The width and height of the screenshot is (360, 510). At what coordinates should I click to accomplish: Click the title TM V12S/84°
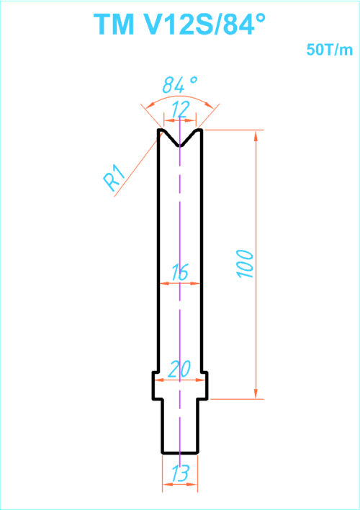tap(179, 24)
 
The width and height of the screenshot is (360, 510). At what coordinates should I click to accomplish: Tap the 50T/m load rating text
tap(330, 50)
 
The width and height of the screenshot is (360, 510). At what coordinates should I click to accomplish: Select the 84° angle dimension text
tap(179, 85)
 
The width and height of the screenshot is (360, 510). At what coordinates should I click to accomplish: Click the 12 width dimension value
tap(180, 109)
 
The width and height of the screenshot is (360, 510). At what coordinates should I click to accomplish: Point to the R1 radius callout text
tap(114, 178)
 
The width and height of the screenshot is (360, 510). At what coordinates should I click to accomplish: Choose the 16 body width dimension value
tap(179, 272)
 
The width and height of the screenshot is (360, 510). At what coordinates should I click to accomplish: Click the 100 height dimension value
tap(246, 264)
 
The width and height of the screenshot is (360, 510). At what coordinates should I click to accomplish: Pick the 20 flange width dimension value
tap(180, 369)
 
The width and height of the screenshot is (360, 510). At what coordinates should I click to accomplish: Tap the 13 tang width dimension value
tap(180, 473)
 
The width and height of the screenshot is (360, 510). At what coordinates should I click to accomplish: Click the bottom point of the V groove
tap(180, 146)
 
